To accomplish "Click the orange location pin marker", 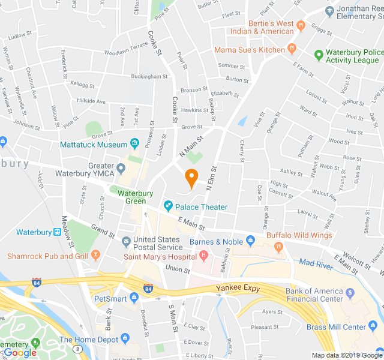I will pyautogui.click(x=191, y=178).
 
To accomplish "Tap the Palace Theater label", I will pyautogui.click(x=201, y=207).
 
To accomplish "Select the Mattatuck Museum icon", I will pyautogui.click(x=135, y=144).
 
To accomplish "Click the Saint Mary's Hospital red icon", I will pyautogui.click(x=204, y=257).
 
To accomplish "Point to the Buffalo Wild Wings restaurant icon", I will pyautogui.click(x=278, y=246).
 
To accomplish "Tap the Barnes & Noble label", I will pyautogui.click(x=216, y=242).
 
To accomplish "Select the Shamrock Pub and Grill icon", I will pyautogui.click(x=95, y=256).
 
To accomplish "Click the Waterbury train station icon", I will pyautogui.click(x=57, y=232).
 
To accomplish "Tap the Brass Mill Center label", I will pyautogui.click(x=336, y=327).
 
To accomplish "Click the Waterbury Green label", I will pyautogui.click(x=140, y=197).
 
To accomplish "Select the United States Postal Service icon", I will pyautogui.click(x=126, y=242).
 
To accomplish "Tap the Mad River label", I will pyautogui.click(x=315, y=263).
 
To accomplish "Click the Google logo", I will pyautogui.click(x=20, y=353).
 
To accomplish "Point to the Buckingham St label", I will pyautogui.click(x=149, y=77).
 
